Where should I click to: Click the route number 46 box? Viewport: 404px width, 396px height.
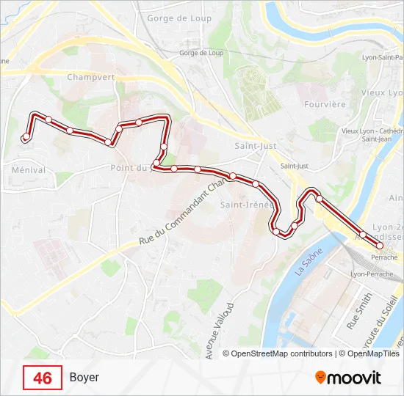click(43, 378)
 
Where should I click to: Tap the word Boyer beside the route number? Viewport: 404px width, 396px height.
click(84, 378)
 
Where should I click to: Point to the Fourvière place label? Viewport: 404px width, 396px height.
click(325, 104)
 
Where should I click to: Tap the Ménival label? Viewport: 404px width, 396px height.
click(29, 169)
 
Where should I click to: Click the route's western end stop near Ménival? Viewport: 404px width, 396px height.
click(26, 137)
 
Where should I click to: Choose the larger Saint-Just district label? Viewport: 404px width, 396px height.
click(255, 146)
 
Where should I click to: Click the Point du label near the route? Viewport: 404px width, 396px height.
click(129, 167)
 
